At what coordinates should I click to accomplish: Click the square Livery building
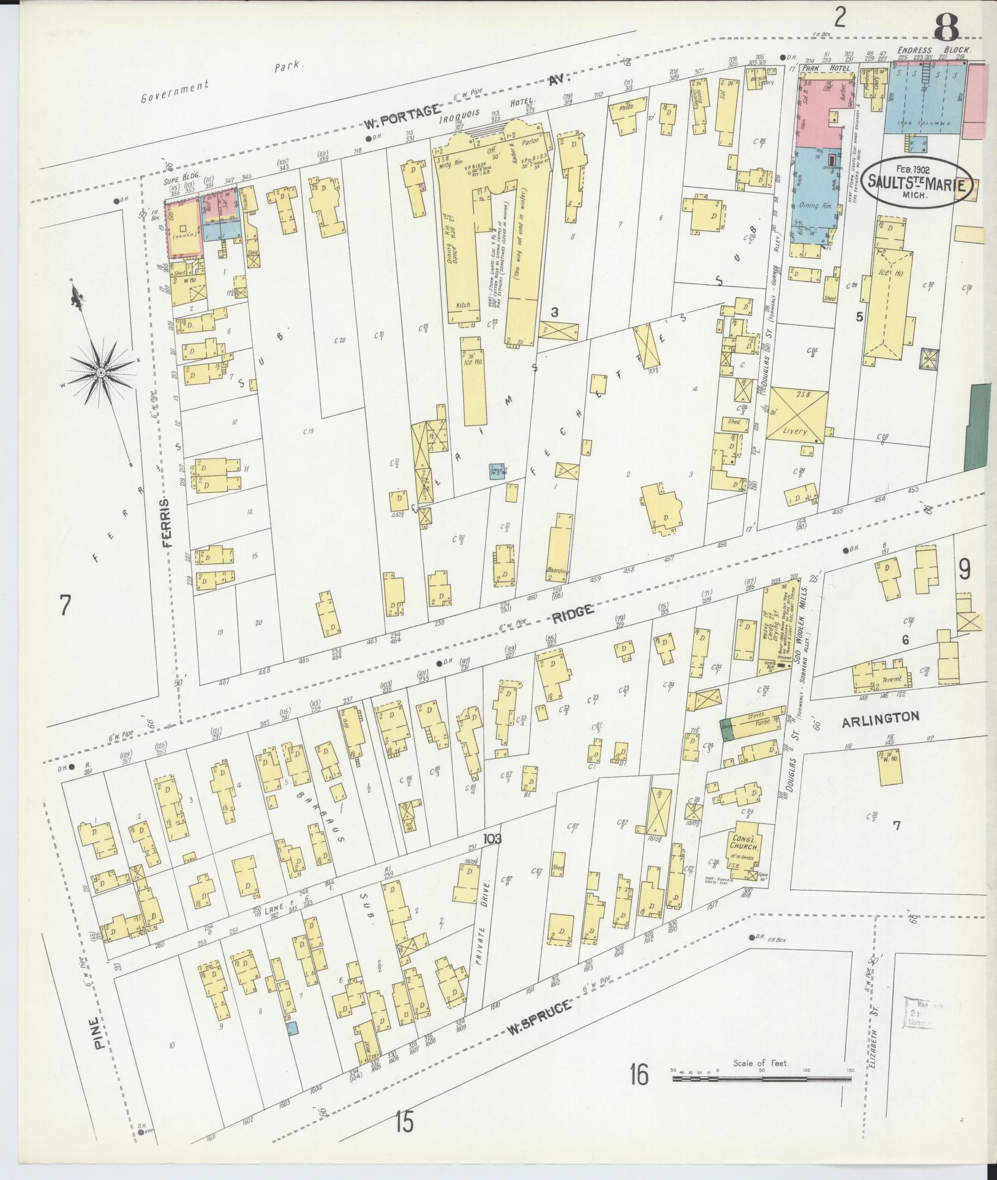(x=797, y=415)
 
